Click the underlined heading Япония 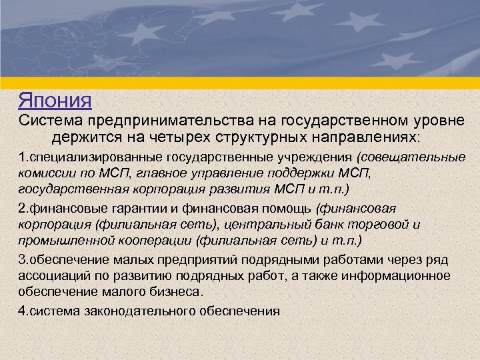pyautogui.click(x=55, y=101)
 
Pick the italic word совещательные pyautogui.click(x=415, y=159)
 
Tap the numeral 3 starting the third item pyautogui.click(x=21, y=260)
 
